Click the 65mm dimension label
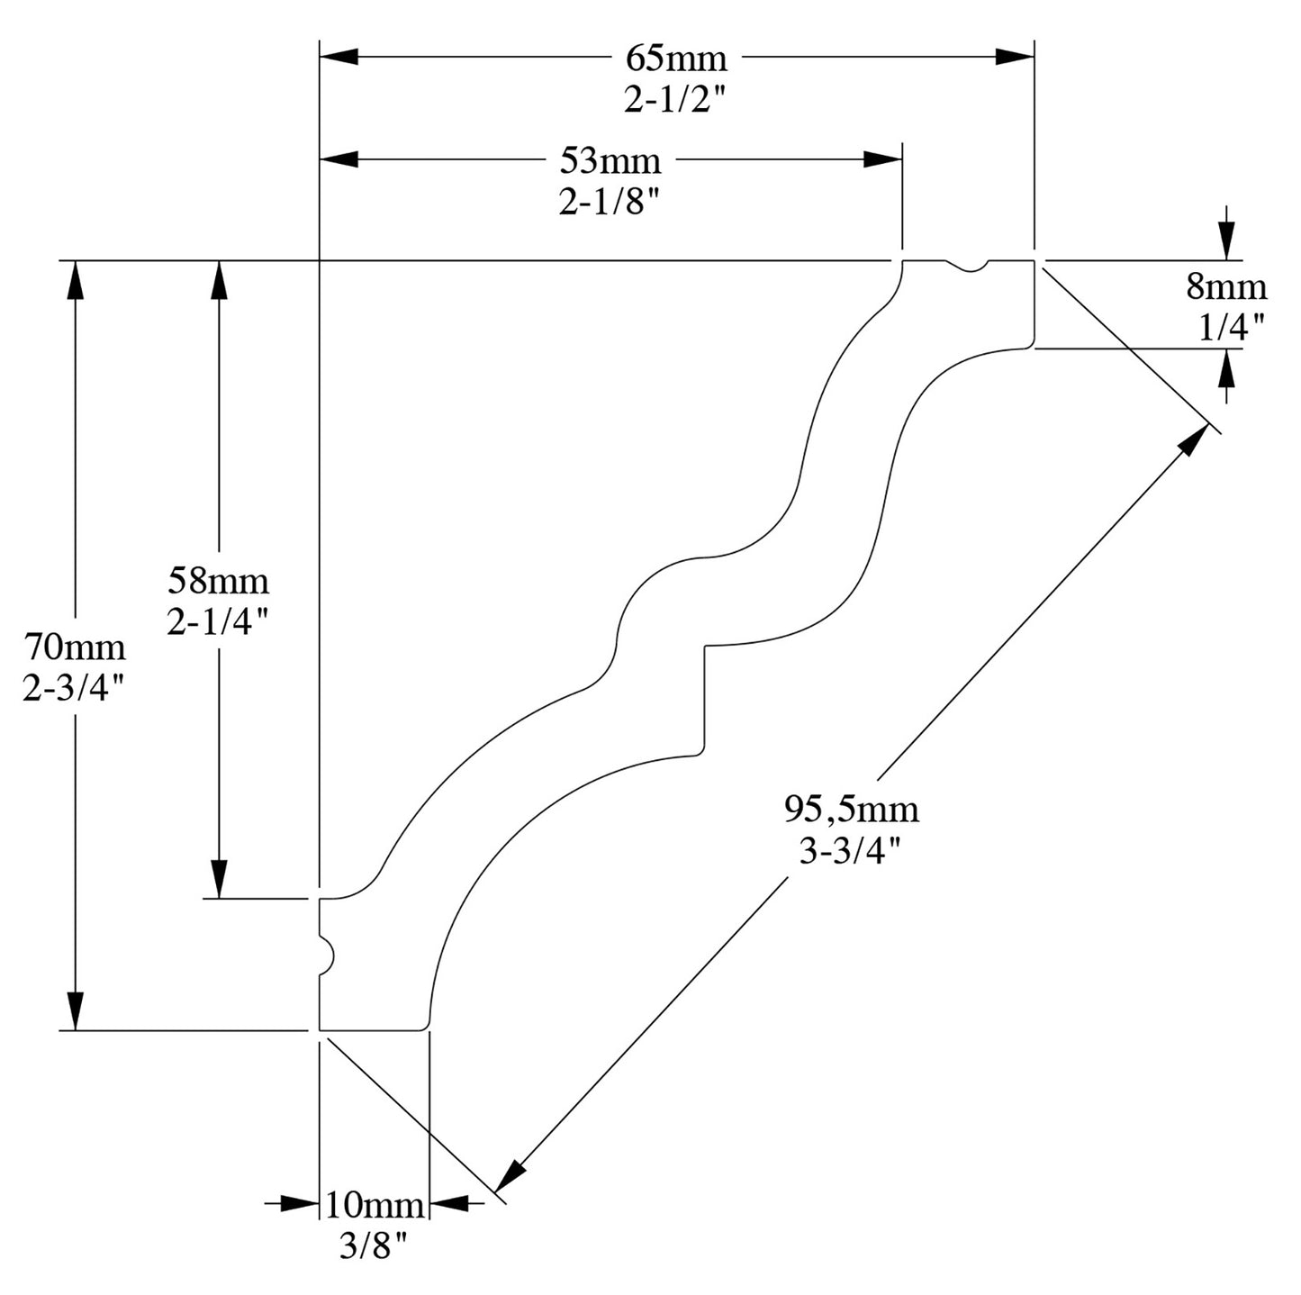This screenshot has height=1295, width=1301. (676, 59)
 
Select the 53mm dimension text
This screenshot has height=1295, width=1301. (610, 161)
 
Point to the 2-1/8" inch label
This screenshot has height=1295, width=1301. (610, 203)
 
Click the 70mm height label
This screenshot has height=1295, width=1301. (75, 647)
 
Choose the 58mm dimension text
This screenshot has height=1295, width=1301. (219, 581)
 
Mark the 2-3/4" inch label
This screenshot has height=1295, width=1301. (74, 689)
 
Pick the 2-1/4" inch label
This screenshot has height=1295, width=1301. (218, 621)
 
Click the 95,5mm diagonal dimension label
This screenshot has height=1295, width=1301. (851, 809)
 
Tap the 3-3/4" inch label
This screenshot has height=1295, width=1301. (850, 850)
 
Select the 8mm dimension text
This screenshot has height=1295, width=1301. (1225, 287)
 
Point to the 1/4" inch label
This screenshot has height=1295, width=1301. (1232, 327)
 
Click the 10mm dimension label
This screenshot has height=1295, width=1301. (374, 1204)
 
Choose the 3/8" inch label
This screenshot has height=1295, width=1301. (374, 1245)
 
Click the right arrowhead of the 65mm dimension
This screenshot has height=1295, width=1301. (1015, 57)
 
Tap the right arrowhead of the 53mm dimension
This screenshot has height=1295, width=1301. (883, 159)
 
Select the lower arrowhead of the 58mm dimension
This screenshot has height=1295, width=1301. (219, 879)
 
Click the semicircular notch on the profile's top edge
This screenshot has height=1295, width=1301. (970, 266)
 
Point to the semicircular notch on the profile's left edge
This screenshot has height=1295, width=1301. (326, 954)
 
